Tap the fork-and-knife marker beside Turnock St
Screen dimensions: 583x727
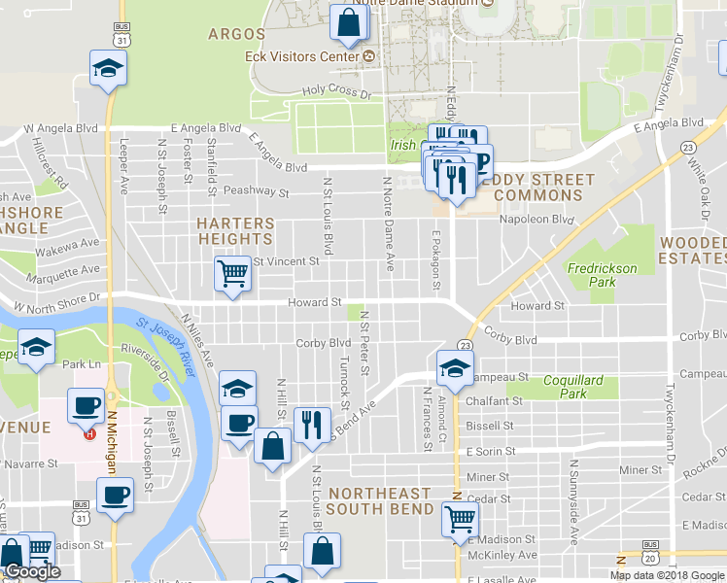click(311, 424)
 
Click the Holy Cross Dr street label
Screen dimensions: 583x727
click(337, 92)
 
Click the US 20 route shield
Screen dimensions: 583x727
click(650, 557)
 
